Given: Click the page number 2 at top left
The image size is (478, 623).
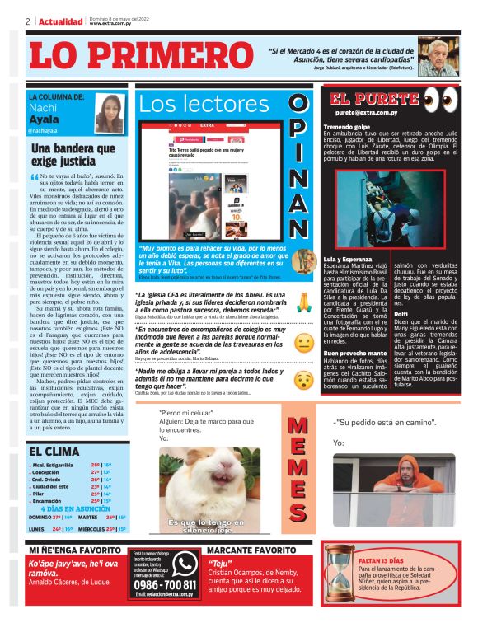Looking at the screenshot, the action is coord(28,21).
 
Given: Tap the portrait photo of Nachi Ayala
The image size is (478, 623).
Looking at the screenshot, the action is coord(109,112).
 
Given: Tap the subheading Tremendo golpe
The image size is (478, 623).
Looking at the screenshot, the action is coord(346,126).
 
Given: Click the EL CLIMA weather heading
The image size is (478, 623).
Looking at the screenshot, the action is coord(54,452).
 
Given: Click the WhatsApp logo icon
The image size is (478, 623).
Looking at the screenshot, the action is coord(183,563).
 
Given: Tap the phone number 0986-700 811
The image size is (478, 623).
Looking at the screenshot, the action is coord(163,584).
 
